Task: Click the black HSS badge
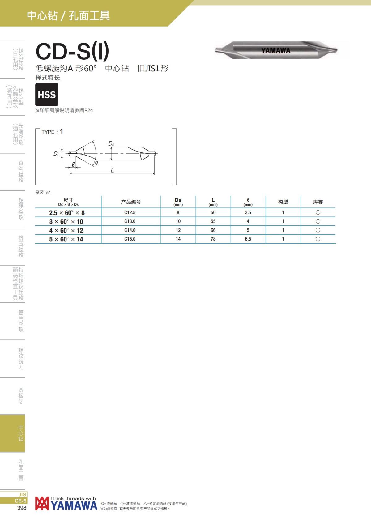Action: pos(47,94)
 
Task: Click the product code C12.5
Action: pos(130,212)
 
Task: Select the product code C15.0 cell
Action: pos(130,239)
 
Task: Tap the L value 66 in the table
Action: pos(213,230)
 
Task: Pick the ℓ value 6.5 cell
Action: pos(248,239)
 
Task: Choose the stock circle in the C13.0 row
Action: pos(318,221)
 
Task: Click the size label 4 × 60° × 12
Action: pos(66,230)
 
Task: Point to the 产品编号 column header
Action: pos(131,202)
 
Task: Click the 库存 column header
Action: pos(318,202)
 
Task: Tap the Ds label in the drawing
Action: pos(111,143)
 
